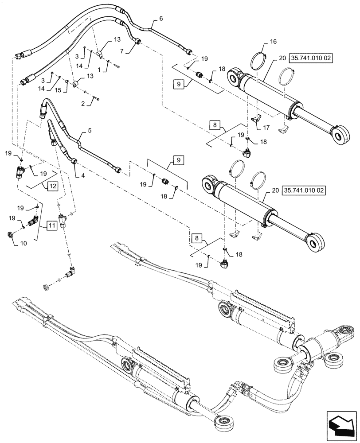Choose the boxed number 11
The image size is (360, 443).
click(x=51, y=225)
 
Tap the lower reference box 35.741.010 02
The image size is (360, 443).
click(x=304, y=190)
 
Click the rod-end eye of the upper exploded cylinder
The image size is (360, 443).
click(x=342, y=135)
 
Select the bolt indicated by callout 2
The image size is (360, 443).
click(x=96, y=98)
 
